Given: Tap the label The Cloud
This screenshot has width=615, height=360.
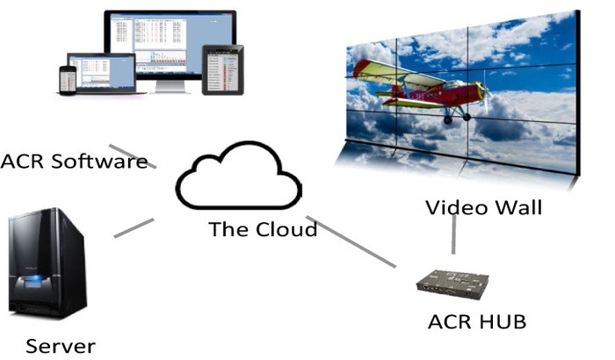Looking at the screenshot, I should tap(263, 230).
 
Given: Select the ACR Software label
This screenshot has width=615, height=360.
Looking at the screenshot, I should tap(74, 162).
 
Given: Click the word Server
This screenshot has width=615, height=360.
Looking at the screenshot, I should tap(60, 345).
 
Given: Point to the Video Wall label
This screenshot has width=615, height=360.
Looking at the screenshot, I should tap(483, 208).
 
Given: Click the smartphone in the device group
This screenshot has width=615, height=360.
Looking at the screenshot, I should tap(68, 79).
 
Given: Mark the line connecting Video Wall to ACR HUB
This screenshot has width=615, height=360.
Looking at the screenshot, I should tap(453, 237).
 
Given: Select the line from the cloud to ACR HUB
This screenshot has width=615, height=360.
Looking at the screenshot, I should tap(351, 241).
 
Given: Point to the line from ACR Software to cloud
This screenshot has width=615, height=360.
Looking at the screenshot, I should tap(133, 156).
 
